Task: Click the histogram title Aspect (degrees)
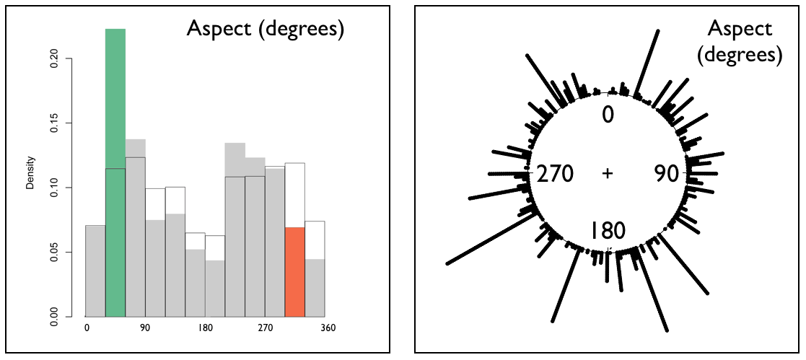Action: (265, 30)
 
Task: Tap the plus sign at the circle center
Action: (608, 174)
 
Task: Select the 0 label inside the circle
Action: (608, 115)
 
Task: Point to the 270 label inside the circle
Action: (551, 174)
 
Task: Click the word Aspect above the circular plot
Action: (740, 29)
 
